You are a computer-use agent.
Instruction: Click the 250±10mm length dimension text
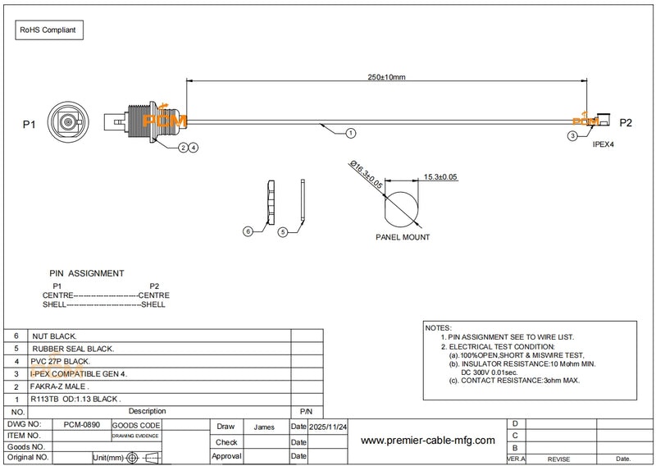pos(386,77)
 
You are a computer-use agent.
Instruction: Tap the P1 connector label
pos(30,125)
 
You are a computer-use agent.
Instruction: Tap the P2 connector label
pos(626,123)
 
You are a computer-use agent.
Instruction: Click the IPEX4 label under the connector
pos(604,144)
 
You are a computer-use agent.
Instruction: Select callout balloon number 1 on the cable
pos(350,132)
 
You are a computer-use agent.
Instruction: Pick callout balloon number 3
pos(572,135)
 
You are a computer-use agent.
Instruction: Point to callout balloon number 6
pos(248,232)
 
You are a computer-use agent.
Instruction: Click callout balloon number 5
pos(283,232)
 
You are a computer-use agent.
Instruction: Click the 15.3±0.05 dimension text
pos(440,177)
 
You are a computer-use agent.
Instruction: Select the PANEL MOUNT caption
pos(403,237)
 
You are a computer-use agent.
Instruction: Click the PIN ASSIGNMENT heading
pos(87,273)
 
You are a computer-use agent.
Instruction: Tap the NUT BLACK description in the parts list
pos(54,336)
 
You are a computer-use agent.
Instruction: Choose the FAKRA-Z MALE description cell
pos(60,386)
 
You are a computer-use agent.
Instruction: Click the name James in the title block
pos(265,427)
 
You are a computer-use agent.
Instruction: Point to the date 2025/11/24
pos(329,427)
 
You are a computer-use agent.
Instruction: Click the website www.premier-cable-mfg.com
pos(428,441)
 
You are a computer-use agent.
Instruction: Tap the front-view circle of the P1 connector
pos(66,126)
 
